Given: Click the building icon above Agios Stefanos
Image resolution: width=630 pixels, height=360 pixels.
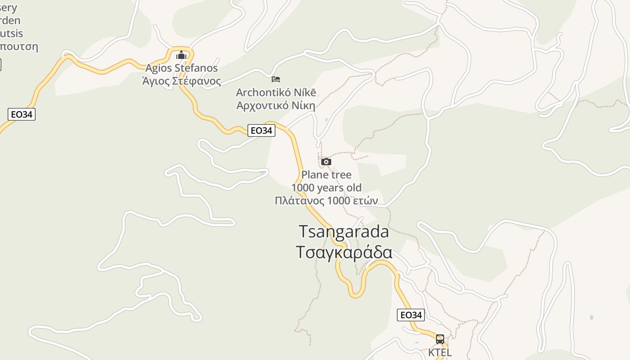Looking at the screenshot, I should pyautogui.click(x=181, y=55).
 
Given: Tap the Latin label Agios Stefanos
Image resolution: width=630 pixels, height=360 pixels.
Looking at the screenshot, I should pyautogui.click(x=181, y=68).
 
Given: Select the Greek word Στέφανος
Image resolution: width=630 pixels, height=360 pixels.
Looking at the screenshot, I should pyautogui.click(x=197, y=81).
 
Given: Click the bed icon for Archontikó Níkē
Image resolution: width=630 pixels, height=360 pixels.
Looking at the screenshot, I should pyautogui.click(x=276, y=79).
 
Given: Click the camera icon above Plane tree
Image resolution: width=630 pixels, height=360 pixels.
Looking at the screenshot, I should pyautogui.click(x=326, y=162).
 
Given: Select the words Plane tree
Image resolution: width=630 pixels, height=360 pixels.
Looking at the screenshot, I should pyautogui.click(x=326, y=175).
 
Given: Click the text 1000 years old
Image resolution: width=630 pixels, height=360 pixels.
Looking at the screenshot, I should pyautogui.click(x=326, y=188).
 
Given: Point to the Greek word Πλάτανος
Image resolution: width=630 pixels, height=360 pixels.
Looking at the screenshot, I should pyautogui.click(x=299, y=201).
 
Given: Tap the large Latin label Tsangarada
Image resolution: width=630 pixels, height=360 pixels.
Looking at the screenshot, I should pyautogui.click(x=344, y=231).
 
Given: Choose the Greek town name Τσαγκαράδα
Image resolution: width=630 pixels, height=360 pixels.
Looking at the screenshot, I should pyautogui.click(x=344, y=252).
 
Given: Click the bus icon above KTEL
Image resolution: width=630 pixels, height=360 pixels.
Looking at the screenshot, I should pyautogui.click(x=440, y=339).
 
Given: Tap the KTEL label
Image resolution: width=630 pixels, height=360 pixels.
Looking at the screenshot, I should pyautogui.click(x=440, y=352).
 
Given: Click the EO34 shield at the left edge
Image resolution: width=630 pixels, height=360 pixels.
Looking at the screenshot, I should pyautogui.click(x=22, y=114).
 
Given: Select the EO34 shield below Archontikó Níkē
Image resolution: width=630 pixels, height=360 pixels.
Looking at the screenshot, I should pyautogui.click(x=261, y=130).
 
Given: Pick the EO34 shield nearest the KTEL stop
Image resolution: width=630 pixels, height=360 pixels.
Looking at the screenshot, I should pyautogui.click(x=411, y=315).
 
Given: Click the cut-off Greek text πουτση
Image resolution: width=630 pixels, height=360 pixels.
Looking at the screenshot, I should pyautogui.click(x=19, y=46).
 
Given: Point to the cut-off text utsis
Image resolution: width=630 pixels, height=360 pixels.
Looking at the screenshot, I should pyautogui.click(x=12, y=33).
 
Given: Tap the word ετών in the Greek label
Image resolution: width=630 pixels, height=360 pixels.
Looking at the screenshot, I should pyautogui.click(x=363, y=201).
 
